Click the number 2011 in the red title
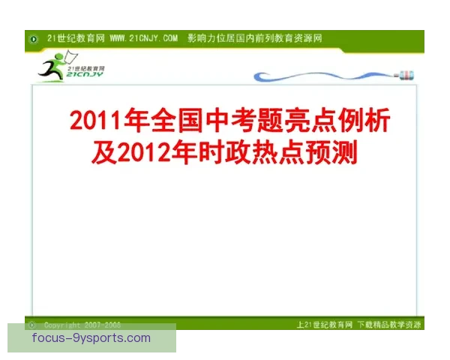92,121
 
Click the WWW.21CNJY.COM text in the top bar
143,37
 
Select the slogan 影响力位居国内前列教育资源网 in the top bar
255,37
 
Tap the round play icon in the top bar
34,38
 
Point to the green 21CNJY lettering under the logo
85,75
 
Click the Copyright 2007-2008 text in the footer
82,325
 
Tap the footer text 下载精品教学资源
389,325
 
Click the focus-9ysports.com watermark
91,338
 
